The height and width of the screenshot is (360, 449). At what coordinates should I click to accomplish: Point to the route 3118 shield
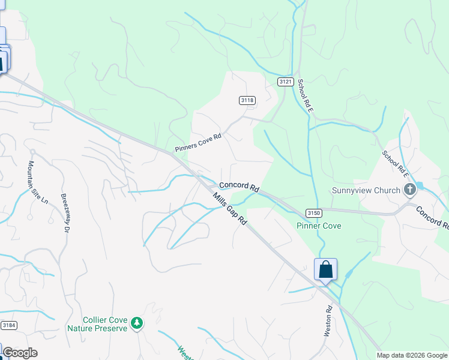[x=247, y=100]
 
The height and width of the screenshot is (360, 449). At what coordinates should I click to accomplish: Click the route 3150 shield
[x=313, y=213]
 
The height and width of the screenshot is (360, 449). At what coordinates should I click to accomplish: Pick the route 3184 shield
[x=8, y=325]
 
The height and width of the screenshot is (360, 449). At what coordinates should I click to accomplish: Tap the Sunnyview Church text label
[x=366, y=191]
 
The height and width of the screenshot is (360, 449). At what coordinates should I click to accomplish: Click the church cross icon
[x=410, y=190]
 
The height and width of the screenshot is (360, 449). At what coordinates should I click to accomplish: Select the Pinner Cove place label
[x=319, y=226]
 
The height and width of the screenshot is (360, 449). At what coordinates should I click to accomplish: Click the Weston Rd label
[x=328, y=322]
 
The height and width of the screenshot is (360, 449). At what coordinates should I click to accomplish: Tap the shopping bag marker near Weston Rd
[x=325, y=269]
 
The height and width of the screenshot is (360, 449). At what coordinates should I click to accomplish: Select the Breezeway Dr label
[x=64, y=211]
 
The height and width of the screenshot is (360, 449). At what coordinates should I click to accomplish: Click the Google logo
[x=20, y=353]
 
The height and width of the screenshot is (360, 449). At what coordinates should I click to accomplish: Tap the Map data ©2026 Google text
[x=412, y=355]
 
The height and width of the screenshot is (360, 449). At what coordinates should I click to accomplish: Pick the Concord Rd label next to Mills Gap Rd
[x=239, y=187]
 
